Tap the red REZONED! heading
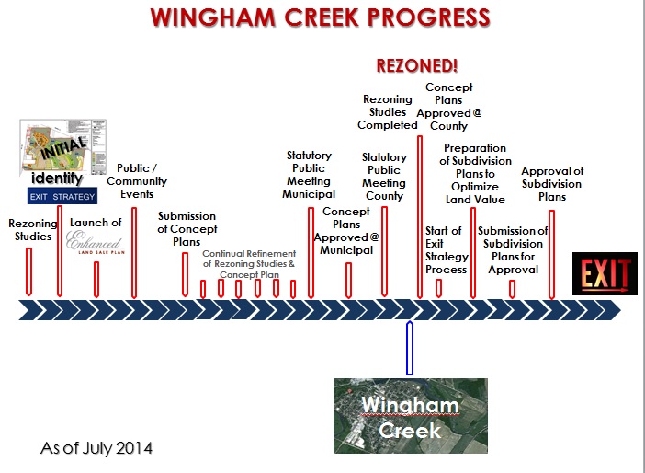(x=417, y=66)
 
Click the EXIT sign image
(x=605, y=274)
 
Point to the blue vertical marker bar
(x=410, y=348)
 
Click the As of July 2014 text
(x=96, y=449)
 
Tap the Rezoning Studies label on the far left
(x=32, y=229)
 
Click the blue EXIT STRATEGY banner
(x=62, y=196)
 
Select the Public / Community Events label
(x=142, y=181)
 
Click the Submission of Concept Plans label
(x=187, y=229)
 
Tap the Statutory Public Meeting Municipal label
(x=309, y=175)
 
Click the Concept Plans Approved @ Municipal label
(x=346, y=230)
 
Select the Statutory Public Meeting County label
(x=384, y=177)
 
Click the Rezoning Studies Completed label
(x=388, y=112)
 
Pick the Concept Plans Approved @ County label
(x=449, y=107)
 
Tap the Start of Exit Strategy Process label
(x=447, y=250)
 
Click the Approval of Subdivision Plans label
(x=552, y=184)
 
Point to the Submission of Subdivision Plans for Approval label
(x=513, y=250)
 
